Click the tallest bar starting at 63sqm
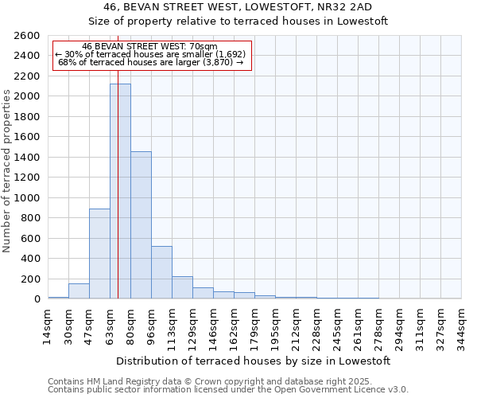[x=120, y=191]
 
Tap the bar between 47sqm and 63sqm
[x=99, y=253]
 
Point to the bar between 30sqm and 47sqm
[x=79, y=291]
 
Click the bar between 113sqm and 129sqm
[x=182, y=287]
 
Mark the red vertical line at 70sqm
[x=118, y=159]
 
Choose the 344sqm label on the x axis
[x=461, y=326]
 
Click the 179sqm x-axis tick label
[x=254, y=326]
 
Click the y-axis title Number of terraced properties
[x=7, y=171]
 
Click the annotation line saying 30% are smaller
[x=151, y=54]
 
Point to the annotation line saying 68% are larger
[x=151, y=62]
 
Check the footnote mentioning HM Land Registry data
[x=227, y=381]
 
